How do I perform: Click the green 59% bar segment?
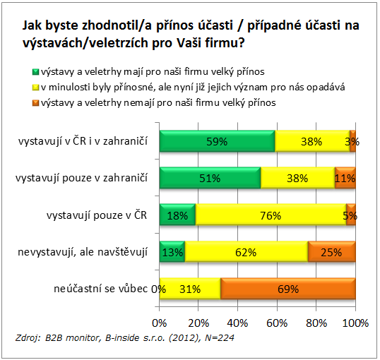[x=217, y=141]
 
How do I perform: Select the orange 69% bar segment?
[x=288, y=289]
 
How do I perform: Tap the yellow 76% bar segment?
[x=271, y=215]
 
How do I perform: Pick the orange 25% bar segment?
[x=332, y=252]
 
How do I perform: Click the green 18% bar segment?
[x=177, y=215]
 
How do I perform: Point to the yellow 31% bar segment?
[x=190, y=289]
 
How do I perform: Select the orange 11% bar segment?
[x=345, y=178]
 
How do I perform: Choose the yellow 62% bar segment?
[x=247, y=252]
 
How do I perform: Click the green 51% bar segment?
[x=210, y=178]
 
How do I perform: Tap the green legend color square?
[x=35, y=72]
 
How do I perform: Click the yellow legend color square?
[x=35, y=88]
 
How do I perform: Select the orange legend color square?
[x=35, y=103]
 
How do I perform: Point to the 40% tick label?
[x=237, y=323]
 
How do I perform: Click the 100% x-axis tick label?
[x=355, y=323]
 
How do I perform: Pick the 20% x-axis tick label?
[x=198, y=323]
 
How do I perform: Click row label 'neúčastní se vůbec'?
[x=100, y=289]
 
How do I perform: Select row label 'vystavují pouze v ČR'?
[x=97, y=215]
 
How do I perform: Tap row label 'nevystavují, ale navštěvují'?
[x=83, y=252]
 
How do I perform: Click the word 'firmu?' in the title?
[x=225, y=43]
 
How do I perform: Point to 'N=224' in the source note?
[x=220, y=337]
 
